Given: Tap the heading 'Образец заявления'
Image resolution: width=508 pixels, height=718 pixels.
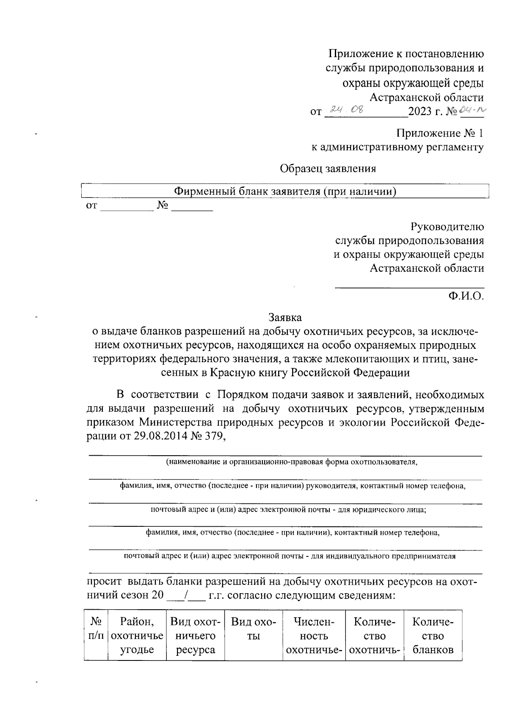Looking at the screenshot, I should pyautogui.click(x=328, y=168).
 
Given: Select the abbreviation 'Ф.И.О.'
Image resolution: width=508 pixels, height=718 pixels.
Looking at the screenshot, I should pyautogui.click(x=466, y=296).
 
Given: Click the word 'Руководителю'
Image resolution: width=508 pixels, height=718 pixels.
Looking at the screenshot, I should pyautogui.click(x=447, y=227).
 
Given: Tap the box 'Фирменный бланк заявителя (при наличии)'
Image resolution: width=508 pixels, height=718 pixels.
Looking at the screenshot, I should pyautogui.click(x=285, y=192).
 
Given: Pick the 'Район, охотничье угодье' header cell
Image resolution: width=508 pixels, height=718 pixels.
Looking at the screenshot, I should pyautogui.click(x=137, y=635).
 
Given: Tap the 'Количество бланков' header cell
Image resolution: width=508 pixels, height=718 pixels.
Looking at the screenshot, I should pyautogui.click(x=433, y=635).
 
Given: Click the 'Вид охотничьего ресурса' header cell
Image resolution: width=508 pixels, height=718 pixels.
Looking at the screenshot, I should pyautogui.click(x=195, y=635).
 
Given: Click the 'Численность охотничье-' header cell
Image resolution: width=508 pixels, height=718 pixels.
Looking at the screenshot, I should pyautogui.click(x=314, y=635).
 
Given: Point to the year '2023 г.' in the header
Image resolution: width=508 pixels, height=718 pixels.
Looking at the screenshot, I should pyautogui.click(x=425, y=112).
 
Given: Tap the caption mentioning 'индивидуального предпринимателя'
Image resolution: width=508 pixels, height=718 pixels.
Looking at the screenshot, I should pyautogui.click(x=290, y=556).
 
